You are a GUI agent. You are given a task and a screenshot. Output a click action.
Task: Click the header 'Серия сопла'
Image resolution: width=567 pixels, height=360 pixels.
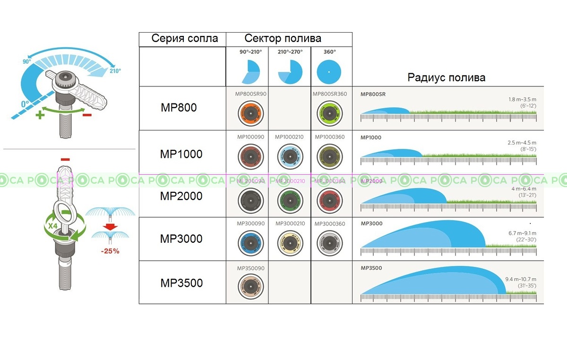(x=185, y=39)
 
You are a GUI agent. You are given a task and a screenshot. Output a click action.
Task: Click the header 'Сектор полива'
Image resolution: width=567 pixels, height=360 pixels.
(x=283, y=39)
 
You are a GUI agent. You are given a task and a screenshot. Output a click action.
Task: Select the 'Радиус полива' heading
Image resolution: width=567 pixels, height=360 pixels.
(x=446, y=77)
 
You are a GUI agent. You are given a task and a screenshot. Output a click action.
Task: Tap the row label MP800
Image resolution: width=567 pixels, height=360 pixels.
(x=178, y=108)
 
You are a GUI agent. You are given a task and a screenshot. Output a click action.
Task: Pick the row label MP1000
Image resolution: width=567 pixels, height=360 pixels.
(x=181, y=154)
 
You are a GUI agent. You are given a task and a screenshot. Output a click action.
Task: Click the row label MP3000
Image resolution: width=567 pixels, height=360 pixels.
(x=181, y=239)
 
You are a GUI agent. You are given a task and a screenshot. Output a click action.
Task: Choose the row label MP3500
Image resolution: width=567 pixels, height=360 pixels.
(x=181, y=283)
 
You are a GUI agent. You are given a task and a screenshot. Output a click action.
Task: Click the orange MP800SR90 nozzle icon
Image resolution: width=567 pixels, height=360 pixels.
(x=250, y=113)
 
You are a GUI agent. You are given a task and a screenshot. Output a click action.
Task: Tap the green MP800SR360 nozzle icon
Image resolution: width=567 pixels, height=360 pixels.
(x=329, y=113)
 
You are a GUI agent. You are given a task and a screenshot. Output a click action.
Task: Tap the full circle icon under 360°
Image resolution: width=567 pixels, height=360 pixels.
(x=329, y=71)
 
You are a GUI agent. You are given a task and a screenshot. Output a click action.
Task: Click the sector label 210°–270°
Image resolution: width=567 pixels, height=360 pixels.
(x=290, y=51)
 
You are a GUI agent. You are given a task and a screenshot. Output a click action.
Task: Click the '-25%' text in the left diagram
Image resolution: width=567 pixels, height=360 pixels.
(x=110, y=251)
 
